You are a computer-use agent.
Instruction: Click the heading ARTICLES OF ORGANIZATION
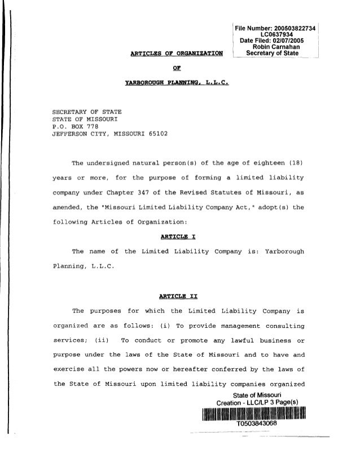click(x=176, y=54)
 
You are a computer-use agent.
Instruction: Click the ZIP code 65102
click(x=156, y=135)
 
